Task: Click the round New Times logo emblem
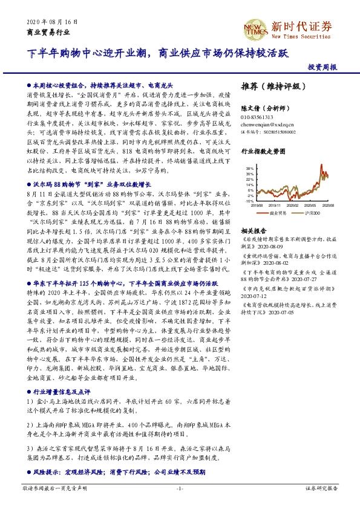pos(256,27)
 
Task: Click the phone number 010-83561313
pos(257,117)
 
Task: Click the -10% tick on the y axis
pos(249,201)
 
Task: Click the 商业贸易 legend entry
pos(277,213)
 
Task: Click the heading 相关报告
pos(254,232)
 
